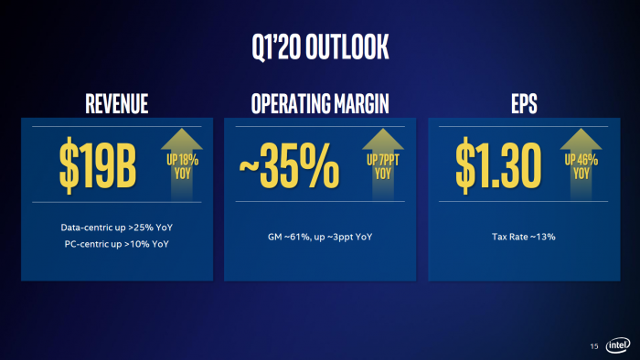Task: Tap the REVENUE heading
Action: (x=116, y=104)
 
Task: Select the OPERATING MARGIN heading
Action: (x=320, y=104)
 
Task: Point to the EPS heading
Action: (x=524, y=104)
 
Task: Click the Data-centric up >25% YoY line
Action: (x=115, y=226)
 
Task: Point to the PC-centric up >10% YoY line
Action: (x=115, y=244)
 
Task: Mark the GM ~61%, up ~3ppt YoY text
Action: (x=320, y=237)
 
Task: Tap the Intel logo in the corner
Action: (x=616, y=345)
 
